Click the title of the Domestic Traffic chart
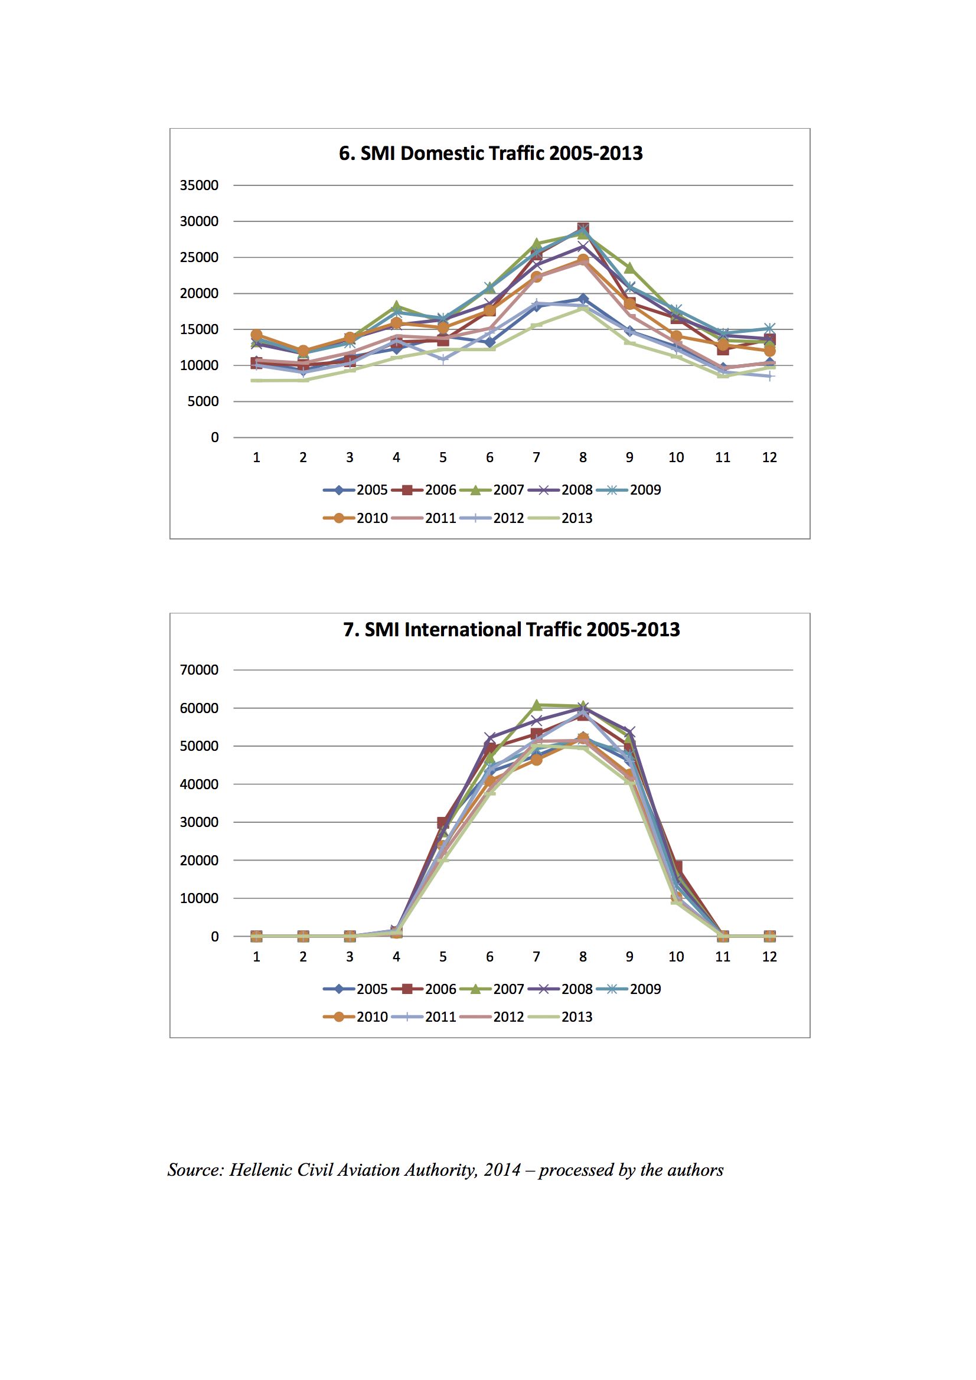(x=491, y=153)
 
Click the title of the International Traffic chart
(x=511, y=629)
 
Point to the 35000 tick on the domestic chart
(x=199, y=185)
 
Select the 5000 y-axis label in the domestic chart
(x=203, y=401)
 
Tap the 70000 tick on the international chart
(x=199, y=669)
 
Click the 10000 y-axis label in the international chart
(x=199, y=898)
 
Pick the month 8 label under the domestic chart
(x=583, y=457)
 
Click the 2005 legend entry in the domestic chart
(x=355, y=490)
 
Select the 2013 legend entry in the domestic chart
(x=560, y=518)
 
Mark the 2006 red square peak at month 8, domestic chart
(x=583, y=228)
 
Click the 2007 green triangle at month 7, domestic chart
(x=536, y=244)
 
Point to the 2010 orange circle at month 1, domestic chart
(x=256, y=335)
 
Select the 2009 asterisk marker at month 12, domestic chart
(x=769, y=328)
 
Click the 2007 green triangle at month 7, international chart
(x=536, y=704)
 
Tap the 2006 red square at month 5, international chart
(x=443, y=822)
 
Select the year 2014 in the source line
(x=502, y=1170)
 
